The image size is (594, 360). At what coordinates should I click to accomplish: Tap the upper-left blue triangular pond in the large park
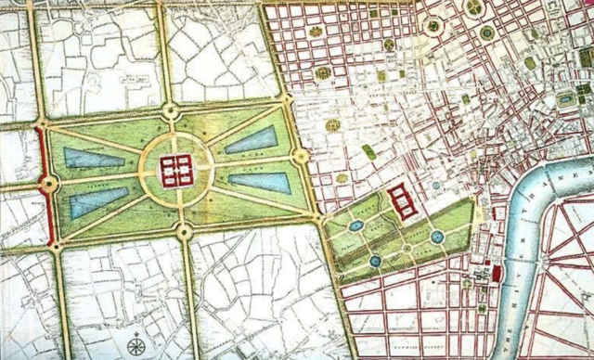click(93, 158)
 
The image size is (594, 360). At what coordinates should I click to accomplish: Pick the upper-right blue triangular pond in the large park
click(252, 140)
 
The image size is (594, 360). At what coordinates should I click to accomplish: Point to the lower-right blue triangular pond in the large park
click(259, 182)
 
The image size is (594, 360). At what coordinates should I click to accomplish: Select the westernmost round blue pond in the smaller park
click(355, 225)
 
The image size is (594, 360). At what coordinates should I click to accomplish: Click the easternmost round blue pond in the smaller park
click(437, 238)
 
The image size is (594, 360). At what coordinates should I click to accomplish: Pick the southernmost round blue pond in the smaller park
click(375, 261)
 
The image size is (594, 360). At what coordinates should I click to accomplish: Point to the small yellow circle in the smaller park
click(407, 249)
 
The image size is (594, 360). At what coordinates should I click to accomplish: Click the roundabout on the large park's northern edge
click(169, 112)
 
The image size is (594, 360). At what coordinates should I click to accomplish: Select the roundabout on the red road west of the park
click(46, 185)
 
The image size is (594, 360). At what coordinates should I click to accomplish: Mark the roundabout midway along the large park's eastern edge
click(300, 156)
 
